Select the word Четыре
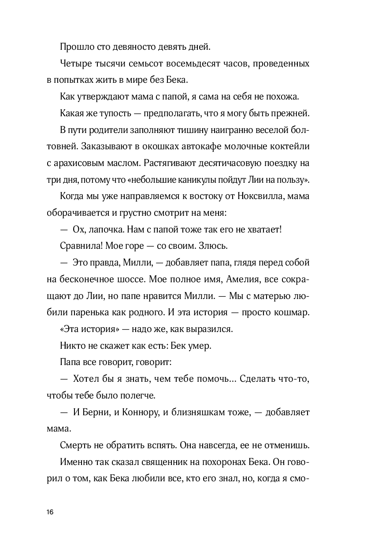[74, 64]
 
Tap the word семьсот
[146, 64]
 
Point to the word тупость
[113, 113]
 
